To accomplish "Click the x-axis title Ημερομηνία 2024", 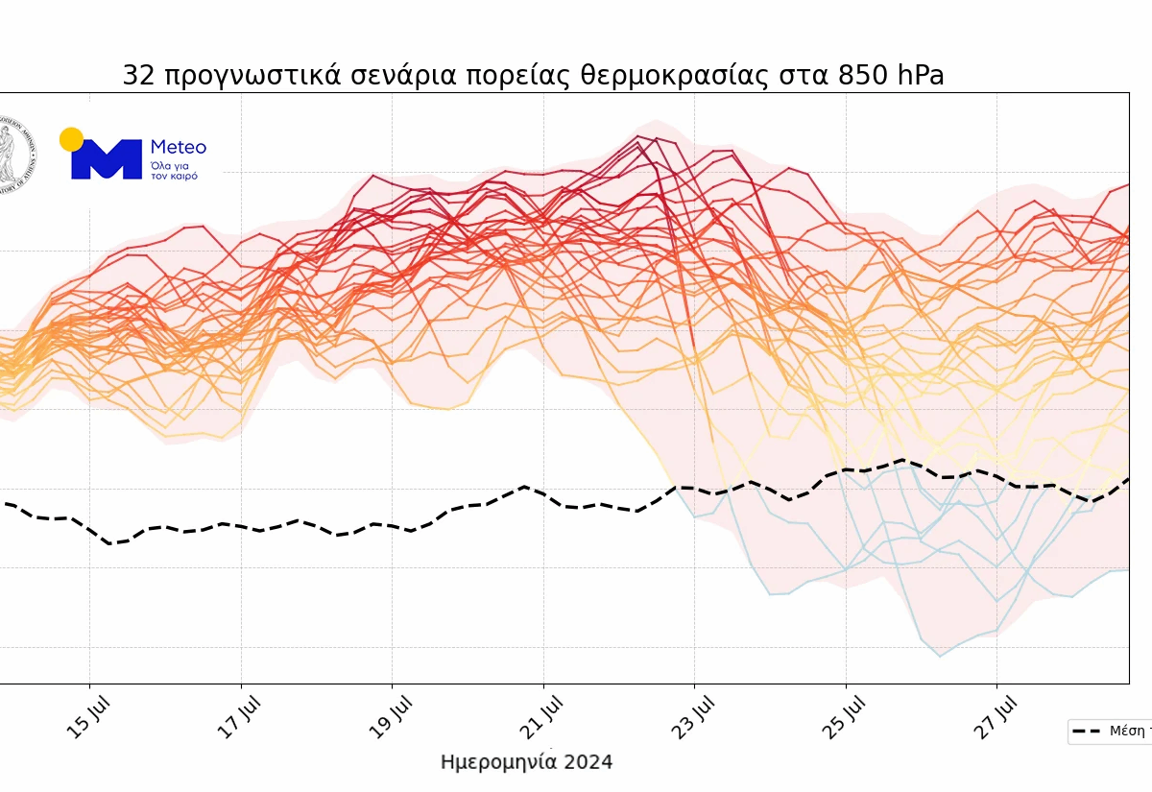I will [x=526, y=762].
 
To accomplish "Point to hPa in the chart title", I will [x=921, y=76].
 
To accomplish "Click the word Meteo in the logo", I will [x=179, y=148].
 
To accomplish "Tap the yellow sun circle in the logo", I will [x=71, y=139].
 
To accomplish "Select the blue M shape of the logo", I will [x=107, y=160].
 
